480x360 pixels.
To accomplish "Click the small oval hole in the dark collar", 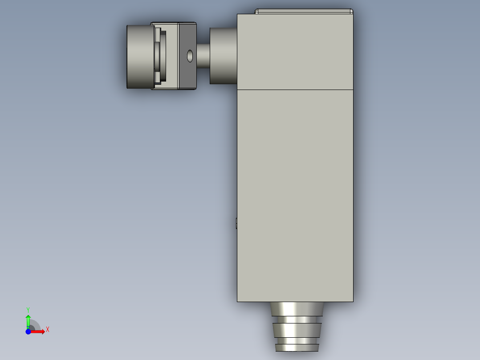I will [x=190, y=56].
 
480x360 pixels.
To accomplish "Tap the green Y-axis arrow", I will [x=28, y=320].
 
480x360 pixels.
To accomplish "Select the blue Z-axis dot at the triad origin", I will [x=28, y=331].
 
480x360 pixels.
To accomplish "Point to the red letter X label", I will [x=48, y=330].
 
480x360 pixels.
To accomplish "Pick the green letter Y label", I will [x=28, y=309].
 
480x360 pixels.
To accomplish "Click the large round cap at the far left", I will [x=140, y=57].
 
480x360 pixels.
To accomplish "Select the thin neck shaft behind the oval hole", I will [x=203, y=56].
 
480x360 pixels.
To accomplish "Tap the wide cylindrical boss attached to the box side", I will [x=223, y=56].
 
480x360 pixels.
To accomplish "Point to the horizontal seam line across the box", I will [x=295, y=90].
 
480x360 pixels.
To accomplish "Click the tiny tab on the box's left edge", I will [x=236, y=223].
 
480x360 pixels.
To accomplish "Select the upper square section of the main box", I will [x=295, y=52].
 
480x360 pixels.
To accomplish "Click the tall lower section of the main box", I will [x=295, y=196].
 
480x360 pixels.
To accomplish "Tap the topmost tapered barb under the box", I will [x=296, y=309].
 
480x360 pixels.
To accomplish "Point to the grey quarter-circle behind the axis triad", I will [x=35, y=325].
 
